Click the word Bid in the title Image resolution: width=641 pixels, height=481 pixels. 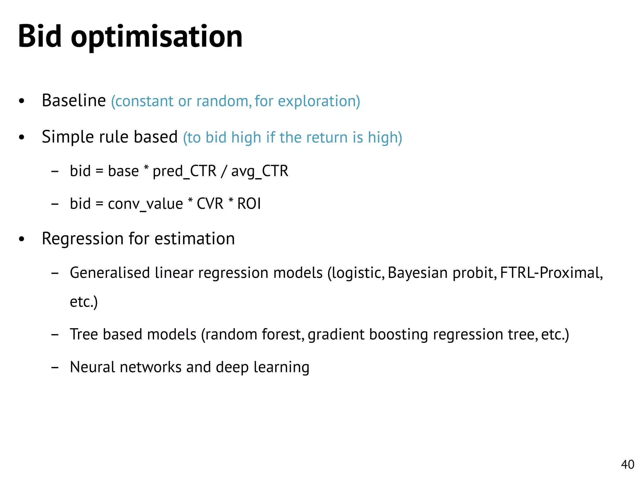click(40, 36)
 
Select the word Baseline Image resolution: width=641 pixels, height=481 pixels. click(74, 101)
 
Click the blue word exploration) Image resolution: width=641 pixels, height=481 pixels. click(319, 101)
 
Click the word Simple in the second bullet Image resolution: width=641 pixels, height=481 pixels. click(68, 137)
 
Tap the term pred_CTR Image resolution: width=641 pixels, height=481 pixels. click(184, 171)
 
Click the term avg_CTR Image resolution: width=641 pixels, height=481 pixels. click(259, 172)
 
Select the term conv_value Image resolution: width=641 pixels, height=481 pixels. click(145, 204)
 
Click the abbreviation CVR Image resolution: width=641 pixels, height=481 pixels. click(210, 204)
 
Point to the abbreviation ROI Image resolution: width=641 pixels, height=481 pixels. click(249, 204)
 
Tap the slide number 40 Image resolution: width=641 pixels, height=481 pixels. click(628, 464)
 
